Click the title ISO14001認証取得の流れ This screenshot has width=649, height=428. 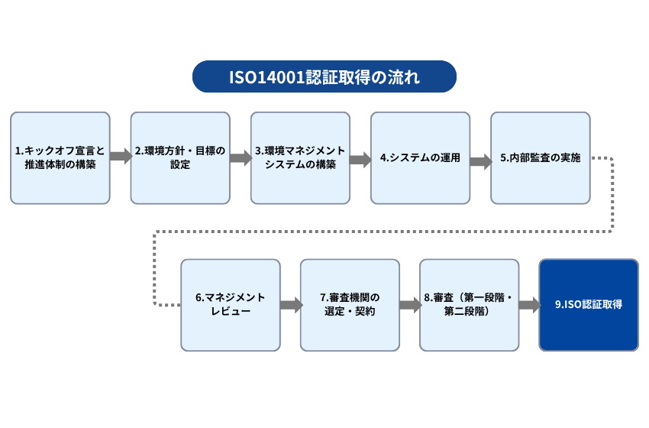click(324, 77)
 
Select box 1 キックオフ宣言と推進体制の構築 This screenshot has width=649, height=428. click(60, 158)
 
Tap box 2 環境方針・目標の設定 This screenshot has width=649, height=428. click(180, 158)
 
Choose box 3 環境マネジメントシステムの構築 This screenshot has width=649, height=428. click(300, 158)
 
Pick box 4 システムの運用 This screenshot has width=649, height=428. click(420, 158)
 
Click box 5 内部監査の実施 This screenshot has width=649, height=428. click(540, 158)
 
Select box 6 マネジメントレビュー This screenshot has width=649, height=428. click(230, 305)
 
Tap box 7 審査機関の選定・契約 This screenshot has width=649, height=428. click(350, 305)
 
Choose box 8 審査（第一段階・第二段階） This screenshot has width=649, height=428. click(470, 305)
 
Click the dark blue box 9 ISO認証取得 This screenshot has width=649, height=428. click(589, 305)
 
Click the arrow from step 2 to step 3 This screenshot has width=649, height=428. click(241, 158)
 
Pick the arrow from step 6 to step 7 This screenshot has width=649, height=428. click(290, 306)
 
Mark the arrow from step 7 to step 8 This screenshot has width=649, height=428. click(410, 306)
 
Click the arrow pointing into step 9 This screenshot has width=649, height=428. click(529, 306)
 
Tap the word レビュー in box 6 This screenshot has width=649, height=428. click(230, 312)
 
